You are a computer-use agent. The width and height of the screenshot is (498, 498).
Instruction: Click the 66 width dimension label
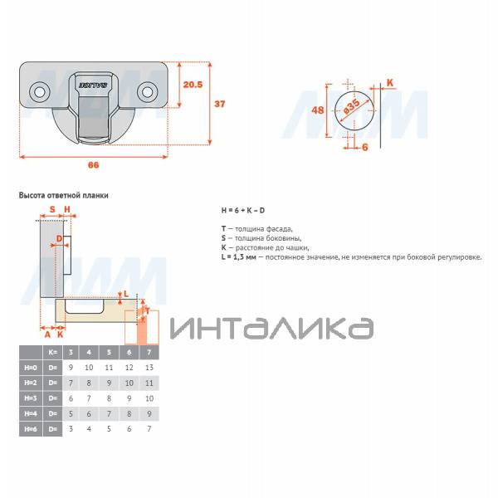pos(93,165)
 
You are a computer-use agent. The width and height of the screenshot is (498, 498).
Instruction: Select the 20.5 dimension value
pos(192,85)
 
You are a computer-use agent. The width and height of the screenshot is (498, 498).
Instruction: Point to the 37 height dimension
pos(221,105)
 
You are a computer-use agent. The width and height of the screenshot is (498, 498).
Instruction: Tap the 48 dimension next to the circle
pos(318,110)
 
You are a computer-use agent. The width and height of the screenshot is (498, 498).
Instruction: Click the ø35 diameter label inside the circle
pos(352,107)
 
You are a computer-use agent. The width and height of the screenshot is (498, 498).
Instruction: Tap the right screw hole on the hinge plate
pos(149,89)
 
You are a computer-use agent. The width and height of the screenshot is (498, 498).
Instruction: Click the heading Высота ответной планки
pos(63,195)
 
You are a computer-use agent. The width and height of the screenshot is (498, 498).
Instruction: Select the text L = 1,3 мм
pos(240,257)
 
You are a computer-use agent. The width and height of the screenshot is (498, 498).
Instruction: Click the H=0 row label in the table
pos(31,367)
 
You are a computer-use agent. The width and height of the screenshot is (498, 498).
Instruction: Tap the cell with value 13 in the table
pos(149,367)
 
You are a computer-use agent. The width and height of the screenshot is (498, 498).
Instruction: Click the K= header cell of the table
pos(52,352)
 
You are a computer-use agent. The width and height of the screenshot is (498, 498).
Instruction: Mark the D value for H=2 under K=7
pos(149,383)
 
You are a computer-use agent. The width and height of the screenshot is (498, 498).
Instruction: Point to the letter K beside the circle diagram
pos(390,82)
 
